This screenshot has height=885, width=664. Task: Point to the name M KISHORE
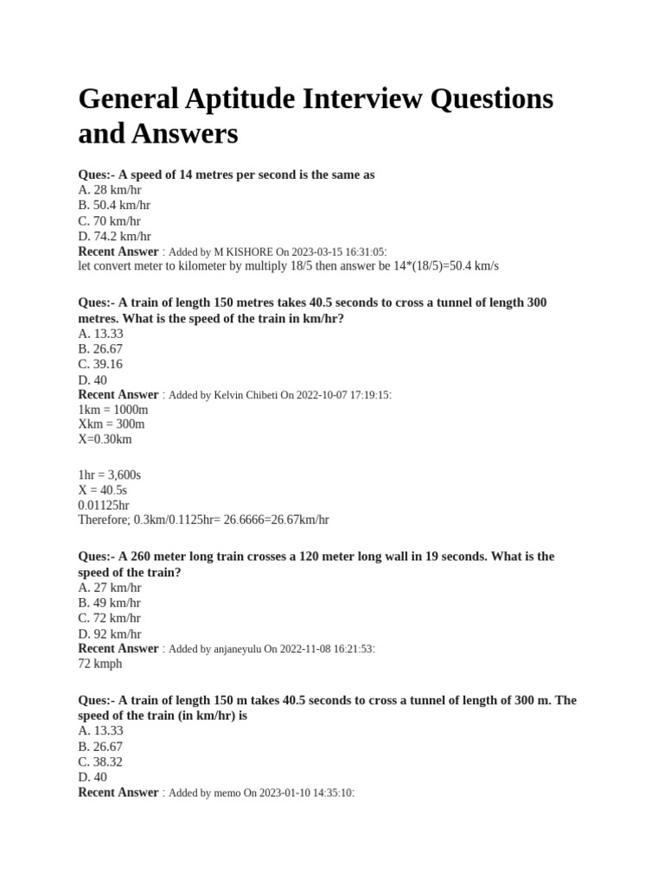pyautogui.click(x=246, y=251)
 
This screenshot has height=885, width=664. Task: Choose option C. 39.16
pyautogui.click(x=100, y=365)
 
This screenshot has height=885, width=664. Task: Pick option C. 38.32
pyautogui.click(x=100, y=762)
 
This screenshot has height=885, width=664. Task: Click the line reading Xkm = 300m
pyautogui.click(x=112, y=424)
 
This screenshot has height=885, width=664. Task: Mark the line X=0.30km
pyautogui.click(x=105, y=440)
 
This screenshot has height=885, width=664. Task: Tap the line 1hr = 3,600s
pyautogui.click(x=110, y=474)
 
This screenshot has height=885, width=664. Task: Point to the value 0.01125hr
pyautogui.click(x=104, y=506)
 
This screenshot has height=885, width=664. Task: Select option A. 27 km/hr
pyautogui.click(x=110, y=588)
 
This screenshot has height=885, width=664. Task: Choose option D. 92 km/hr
pyautogui.click(x=110, y=634)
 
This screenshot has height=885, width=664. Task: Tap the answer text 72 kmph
pyautogui.click(x=100, y=665)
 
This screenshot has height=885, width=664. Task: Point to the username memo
pyautogui.click(x=227, y=793)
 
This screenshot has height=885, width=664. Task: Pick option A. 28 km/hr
pyautogui.click(x=110, y=190)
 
